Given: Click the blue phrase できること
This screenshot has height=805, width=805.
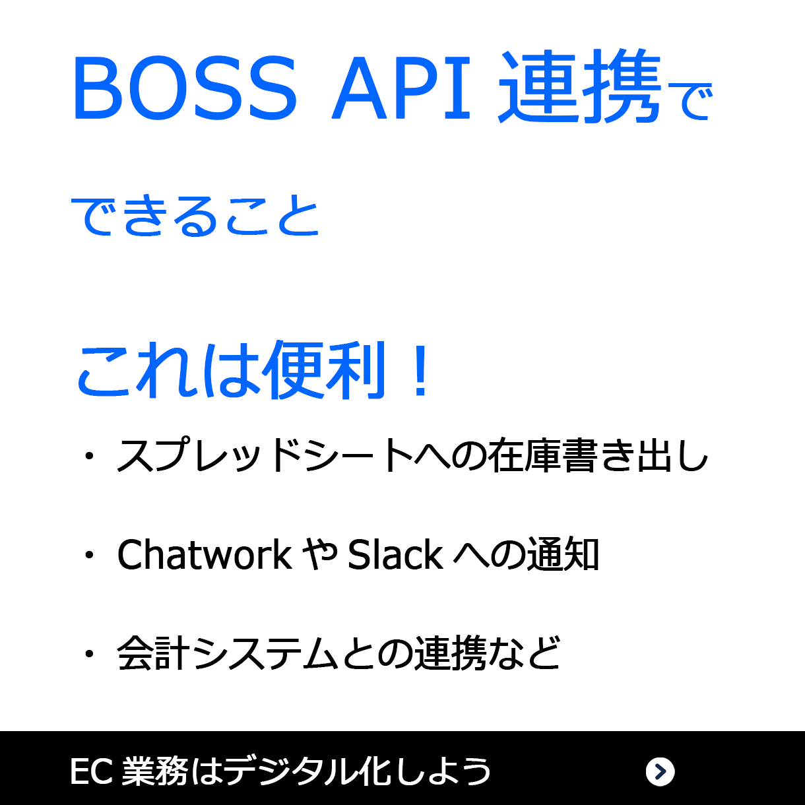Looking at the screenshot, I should [195, 216].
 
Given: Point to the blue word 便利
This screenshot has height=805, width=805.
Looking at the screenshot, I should [323, 371].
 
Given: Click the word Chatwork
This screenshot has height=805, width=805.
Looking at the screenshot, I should [205, 554].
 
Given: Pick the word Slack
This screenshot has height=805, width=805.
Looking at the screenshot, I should [395, 554].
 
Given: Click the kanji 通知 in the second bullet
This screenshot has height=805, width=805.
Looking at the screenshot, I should [563, 554].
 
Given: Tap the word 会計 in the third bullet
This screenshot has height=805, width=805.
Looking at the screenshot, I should [154, 653].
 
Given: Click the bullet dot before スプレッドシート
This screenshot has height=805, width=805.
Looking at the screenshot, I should [89, 456].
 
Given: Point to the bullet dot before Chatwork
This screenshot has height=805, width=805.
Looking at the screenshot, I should [89, 555].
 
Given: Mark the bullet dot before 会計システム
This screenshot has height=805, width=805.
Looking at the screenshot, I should [89, 654].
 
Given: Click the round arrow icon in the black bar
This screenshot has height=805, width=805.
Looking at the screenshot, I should [660, 771].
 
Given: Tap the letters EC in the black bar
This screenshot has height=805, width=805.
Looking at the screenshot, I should [92, 771].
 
